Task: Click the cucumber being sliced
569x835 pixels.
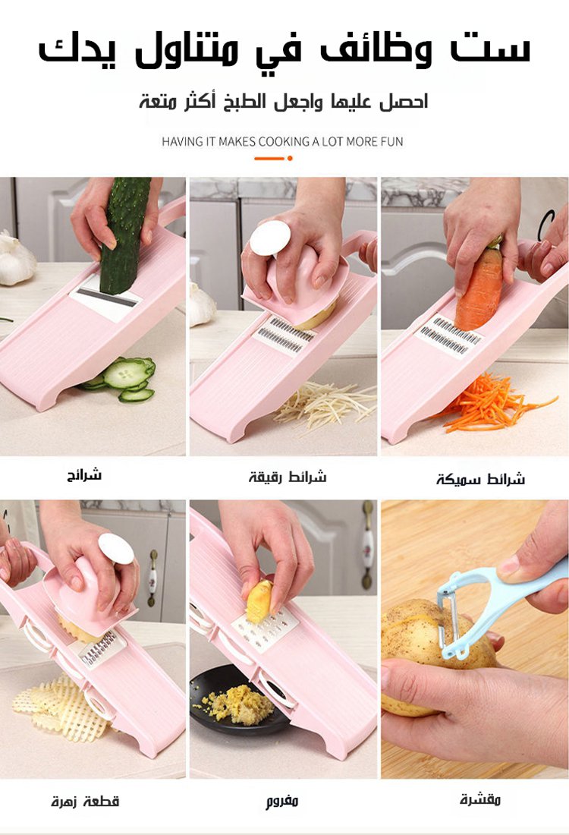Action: click(124, 235)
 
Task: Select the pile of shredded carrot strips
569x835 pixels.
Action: click(492, 404)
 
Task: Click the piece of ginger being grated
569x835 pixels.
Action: click(259, 602)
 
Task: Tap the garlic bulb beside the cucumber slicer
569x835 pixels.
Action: click(16, 258)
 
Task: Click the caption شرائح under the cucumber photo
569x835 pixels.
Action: click(84, 474)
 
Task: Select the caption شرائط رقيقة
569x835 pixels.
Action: click(288, 477)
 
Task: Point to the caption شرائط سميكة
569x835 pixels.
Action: click(481, 479)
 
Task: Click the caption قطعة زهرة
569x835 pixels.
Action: click(85, 801)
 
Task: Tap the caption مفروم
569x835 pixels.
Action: click(282, 801)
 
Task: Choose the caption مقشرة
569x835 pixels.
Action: click(481, 799)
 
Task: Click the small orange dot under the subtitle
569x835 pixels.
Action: click(290, 158)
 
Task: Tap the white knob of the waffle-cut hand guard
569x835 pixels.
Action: click(116, 549)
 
